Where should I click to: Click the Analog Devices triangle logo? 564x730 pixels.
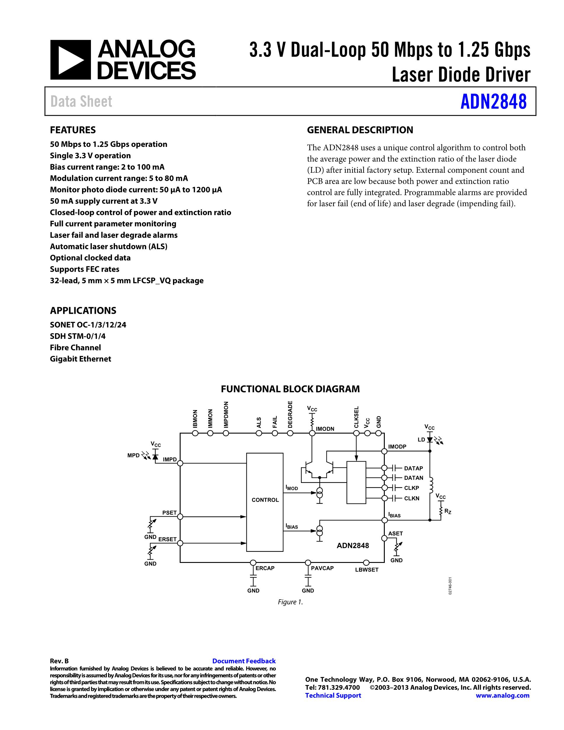[70, 60]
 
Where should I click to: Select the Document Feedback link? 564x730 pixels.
[244, 661]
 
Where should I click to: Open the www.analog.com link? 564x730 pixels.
[502, 695]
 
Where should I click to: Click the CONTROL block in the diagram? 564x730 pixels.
[265, 500]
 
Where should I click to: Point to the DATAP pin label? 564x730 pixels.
[413, 468]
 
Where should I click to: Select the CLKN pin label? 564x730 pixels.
[412, 498]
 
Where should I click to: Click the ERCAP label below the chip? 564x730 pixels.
[265, 568]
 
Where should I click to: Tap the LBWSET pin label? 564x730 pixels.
[366, 569]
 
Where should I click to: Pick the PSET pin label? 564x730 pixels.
[169, 513]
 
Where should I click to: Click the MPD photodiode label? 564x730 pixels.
[133, 455]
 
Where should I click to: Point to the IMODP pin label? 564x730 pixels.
[397, 446]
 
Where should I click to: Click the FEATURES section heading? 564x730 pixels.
[73, 130]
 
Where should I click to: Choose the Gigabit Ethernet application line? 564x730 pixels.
[81, 359]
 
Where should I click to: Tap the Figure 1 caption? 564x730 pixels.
[290, 602]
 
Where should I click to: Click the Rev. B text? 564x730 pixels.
[59, 661]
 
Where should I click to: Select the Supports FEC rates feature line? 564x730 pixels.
[84, 269]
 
